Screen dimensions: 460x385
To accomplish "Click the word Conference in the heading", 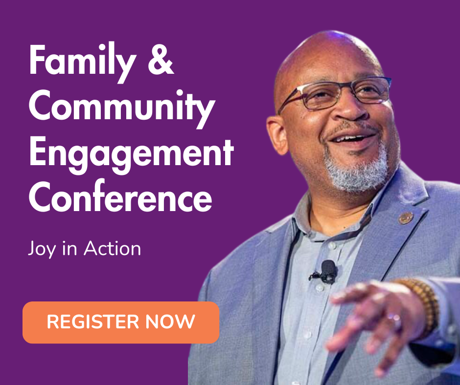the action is pos(120,196).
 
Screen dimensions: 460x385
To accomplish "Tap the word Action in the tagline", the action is pos(113,249).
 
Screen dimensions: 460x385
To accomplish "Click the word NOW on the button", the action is pos(170,321).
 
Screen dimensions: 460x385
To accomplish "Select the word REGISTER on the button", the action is pos(92,321).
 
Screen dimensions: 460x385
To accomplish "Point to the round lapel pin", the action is pos(406,218).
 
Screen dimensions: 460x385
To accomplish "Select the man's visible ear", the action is pos(276,135).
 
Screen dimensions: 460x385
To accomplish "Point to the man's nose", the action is pos(350,108).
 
